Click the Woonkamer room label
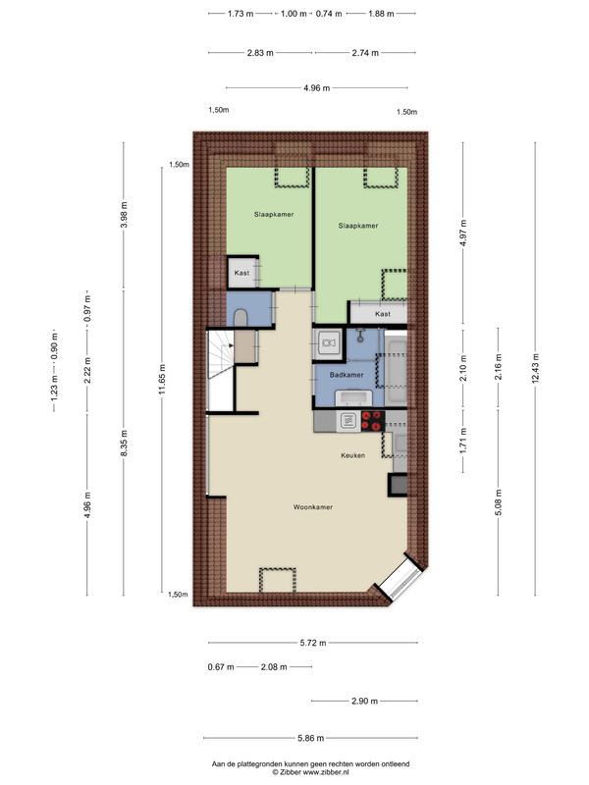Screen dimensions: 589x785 (x=313, y=507)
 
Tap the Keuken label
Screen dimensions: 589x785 (x=352, y=455)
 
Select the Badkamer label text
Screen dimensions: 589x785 (x=347, y=375)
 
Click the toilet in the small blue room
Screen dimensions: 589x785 (x=241, y=317)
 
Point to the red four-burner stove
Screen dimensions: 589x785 (x=373, y=421)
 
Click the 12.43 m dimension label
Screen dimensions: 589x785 (x=535, y=369)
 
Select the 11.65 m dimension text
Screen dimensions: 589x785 (x=162, y=379)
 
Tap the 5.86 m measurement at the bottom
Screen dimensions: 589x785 (x=310, y=738)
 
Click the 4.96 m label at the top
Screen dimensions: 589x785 (x=316, y=88)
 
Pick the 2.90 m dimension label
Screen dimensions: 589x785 (x=364, y=701)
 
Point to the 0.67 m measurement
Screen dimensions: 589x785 (x=221, y=667)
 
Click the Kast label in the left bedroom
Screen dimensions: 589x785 (x=241, y=273)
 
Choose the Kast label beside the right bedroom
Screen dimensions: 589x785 (x=383, y=314)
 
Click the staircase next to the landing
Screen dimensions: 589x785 (x=220, y=353)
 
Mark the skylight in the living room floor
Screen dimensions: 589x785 (x=277, y=580)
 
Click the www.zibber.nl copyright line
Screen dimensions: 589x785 (x=310, y=772)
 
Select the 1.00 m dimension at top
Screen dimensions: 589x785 (x=294, y=14)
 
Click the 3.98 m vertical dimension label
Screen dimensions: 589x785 (x=124, y=215)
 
